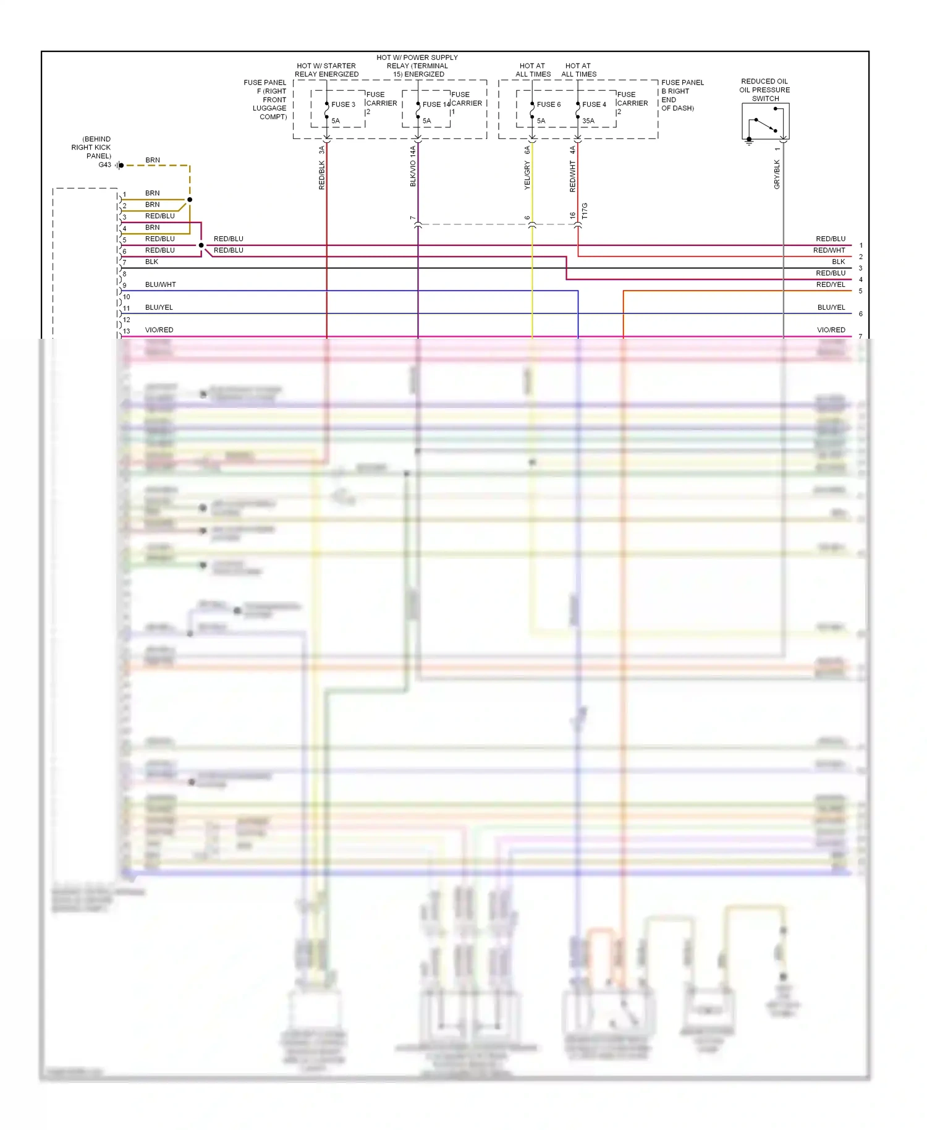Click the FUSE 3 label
pos(343,104)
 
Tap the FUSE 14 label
pos(436,104)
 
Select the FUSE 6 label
pos(549,104)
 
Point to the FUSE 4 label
pos(594,104)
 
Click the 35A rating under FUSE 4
pos(588,121)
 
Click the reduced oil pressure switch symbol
pos(765,122)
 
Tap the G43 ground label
pos(105,165)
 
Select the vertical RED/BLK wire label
pos(322,175)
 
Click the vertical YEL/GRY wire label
pos(527,176)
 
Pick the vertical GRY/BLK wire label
pos(777,174)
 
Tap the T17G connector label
pos(585,211)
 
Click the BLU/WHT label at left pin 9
pos(161,285)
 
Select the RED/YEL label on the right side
pos(831,285)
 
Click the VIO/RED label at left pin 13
pos(159,330)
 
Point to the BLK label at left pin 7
pos(152,262)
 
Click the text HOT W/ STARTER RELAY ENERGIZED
pos(326,70)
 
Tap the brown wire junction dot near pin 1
pos(190,200)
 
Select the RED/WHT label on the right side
pos(829,250)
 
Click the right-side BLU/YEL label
pos(831,307)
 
